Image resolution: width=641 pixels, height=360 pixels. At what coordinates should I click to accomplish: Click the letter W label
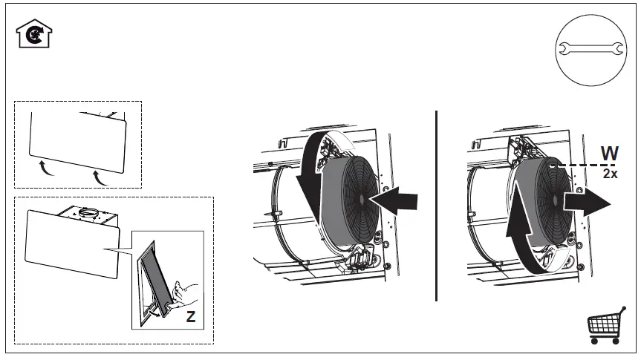(x=610, y=154)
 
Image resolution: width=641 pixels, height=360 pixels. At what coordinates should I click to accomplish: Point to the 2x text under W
(x=610, y=173)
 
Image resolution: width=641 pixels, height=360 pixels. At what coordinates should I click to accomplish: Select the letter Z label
(x=191, y=317)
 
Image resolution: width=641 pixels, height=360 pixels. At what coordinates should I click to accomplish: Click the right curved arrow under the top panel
(x=100, y=176)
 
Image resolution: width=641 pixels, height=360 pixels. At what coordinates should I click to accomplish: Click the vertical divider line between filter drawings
(x=436, y=206)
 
